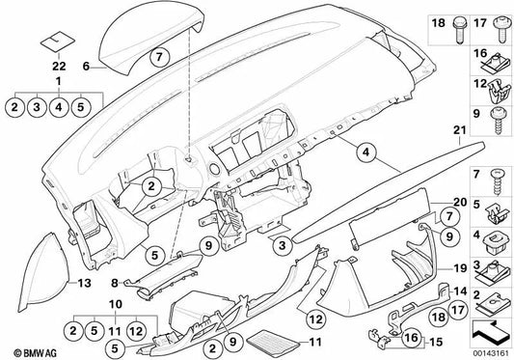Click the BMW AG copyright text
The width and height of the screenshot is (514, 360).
pyautogui.click(x=24, y=348)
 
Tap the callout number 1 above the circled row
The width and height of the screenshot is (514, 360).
pyautogui.click(x=59, y=83)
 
